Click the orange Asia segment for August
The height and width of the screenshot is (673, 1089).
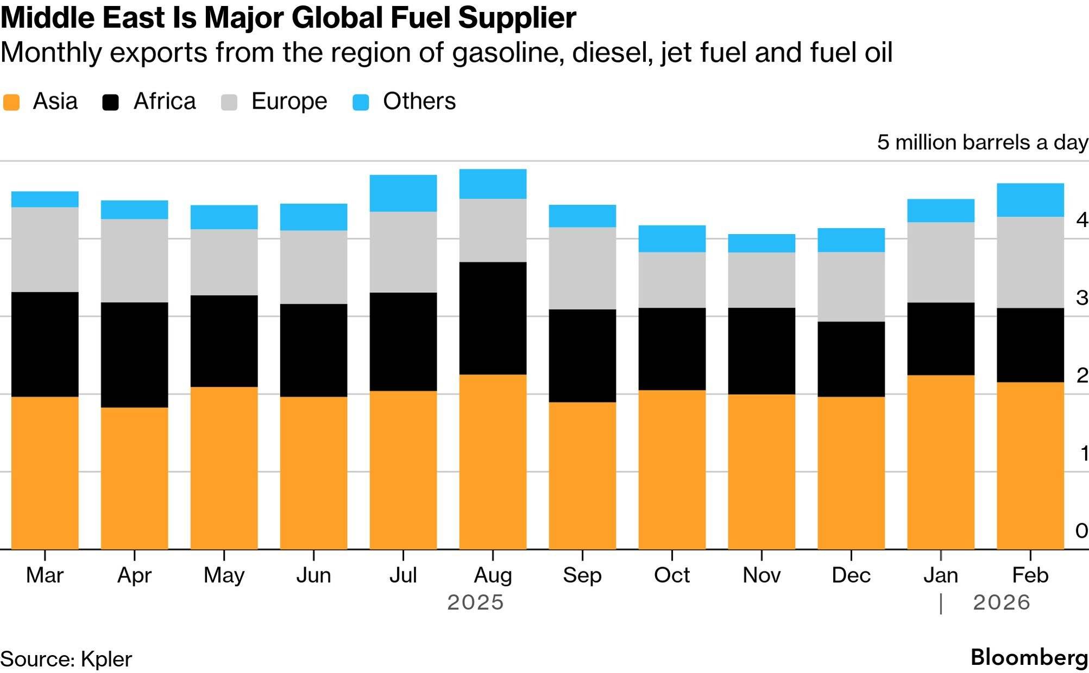(x=493, y=462)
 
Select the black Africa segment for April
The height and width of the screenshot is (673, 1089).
(x=134, y=355)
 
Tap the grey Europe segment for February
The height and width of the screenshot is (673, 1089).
(x=1030, y=262)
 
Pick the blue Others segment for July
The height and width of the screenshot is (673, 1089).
(x=403, y=193)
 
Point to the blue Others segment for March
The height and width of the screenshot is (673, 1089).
(x=45, y=199)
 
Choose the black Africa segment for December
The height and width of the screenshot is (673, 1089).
(x=851, y=359)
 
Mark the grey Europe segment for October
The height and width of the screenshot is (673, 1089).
(x=672, y=280)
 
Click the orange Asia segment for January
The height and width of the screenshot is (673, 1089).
(x=941, y=462)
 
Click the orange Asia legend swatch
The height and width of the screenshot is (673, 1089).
(x=11, y=102)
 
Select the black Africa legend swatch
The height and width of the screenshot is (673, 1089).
(x=111, y=102)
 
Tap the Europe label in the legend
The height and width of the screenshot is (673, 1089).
(x=289, y=102)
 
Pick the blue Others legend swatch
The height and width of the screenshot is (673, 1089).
(x=361, y=102)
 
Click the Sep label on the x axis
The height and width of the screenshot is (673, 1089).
(x=582, y=575)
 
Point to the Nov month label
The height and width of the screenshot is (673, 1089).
(x=761, y=575)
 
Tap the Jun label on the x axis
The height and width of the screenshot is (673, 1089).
(x=313, y=575)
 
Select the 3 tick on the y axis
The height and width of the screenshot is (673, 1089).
(x=1081, y=298)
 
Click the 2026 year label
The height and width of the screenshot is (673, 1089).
(x=1002, y=602)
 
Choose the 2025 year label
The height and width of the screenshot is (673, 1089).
(x=475, y=602)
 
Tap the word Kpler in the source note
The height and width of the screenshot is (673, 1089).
(x=106, y=659)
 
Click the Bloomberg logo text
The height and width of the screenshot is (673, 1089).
(x=1029, y=657)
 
